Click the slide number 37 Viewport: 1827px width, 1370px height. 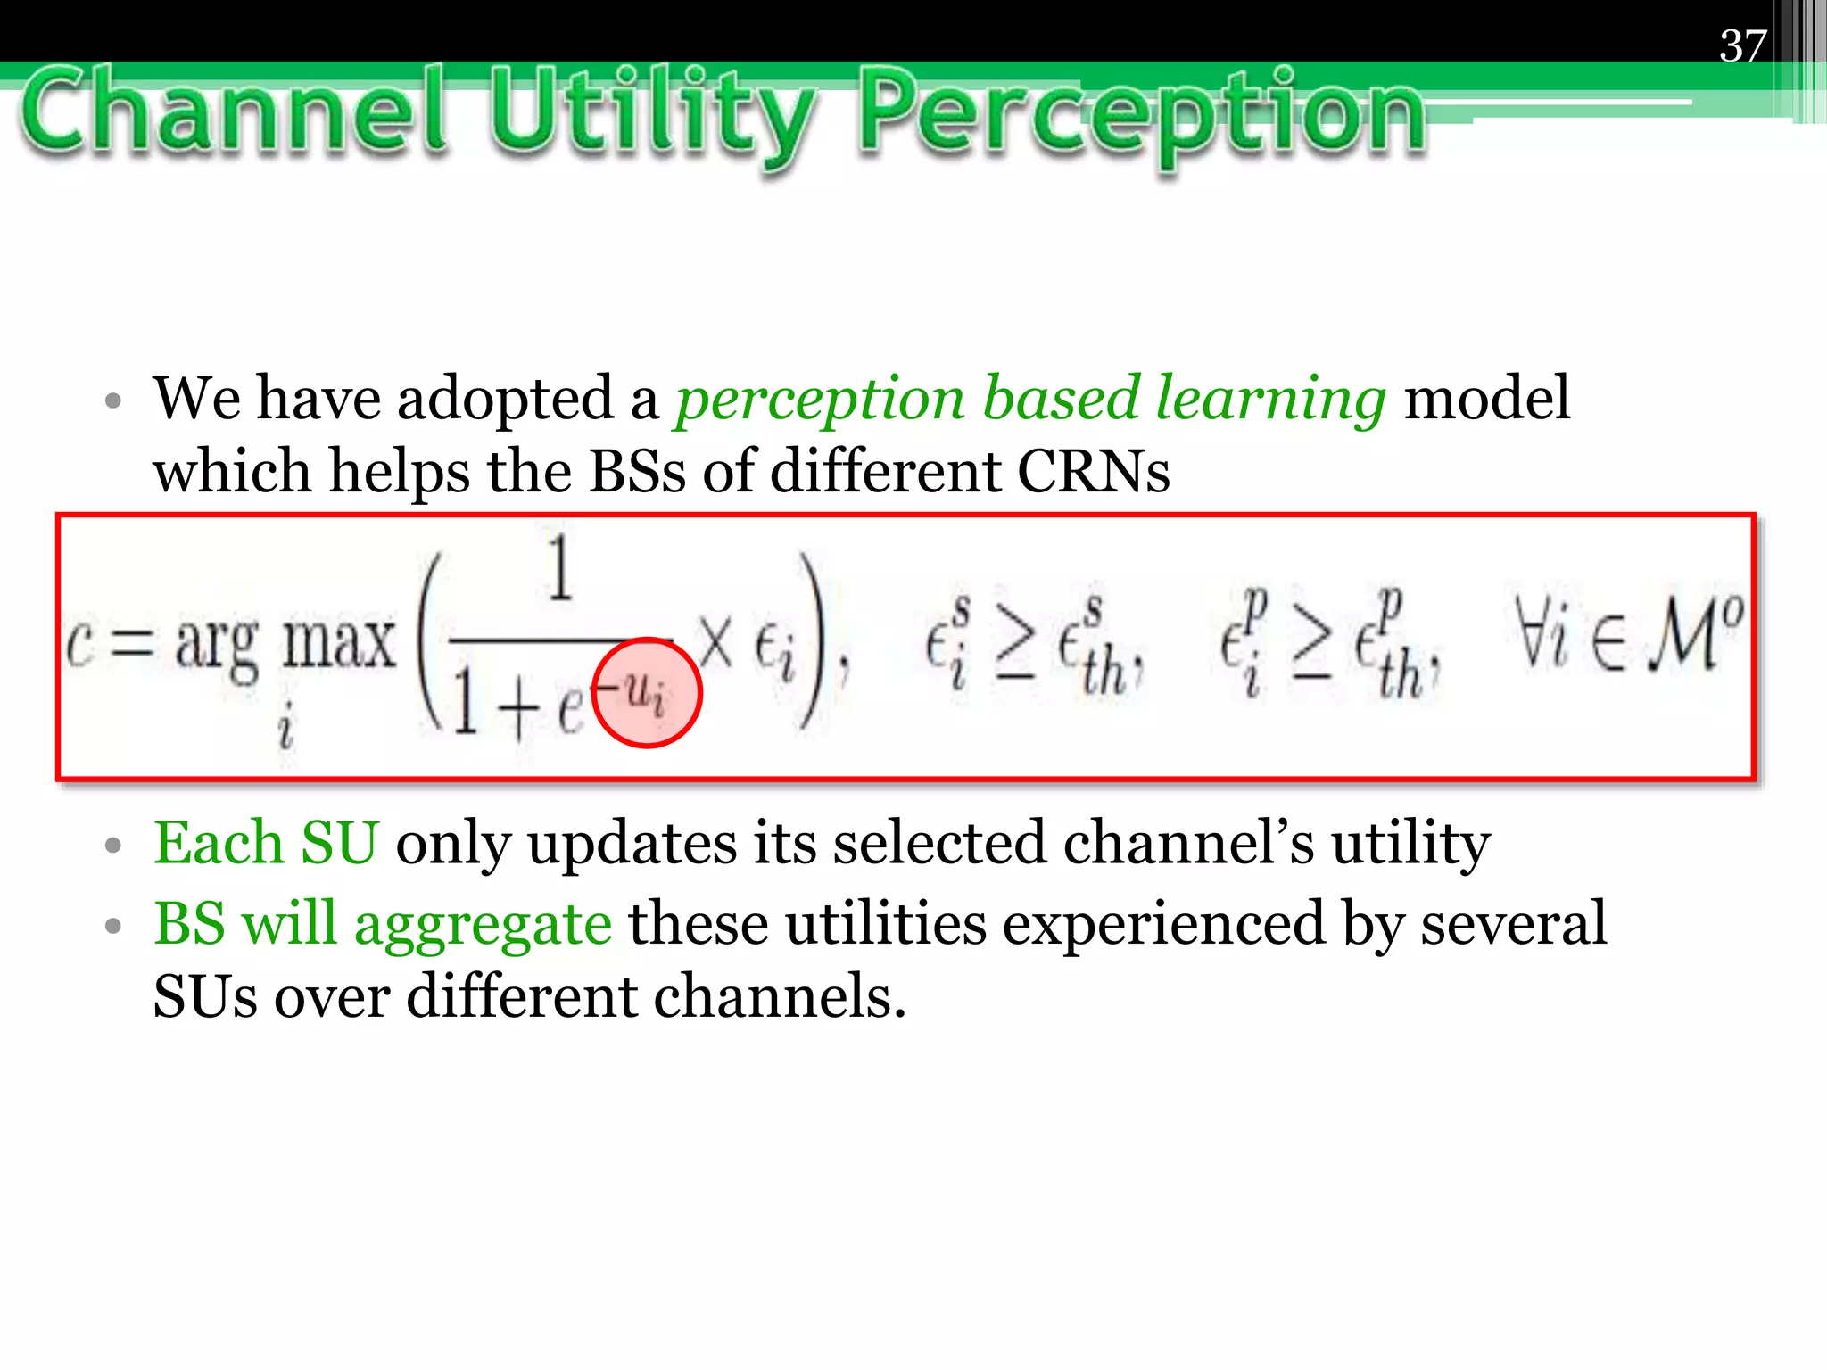pyautogui.click(x=1742, y=45)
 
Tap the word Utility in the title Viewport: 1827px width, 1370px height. pyautogui.click(x=652, y=116)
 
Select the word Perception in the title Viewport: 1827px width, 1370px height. pyautogui.click(x=1142, y=116)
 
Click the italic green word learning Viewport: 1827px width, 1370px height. pyautogui.click(x=1270, y=399)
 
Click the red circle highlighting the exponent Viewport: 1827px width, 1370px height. pyautogui.click(x=647, y=692)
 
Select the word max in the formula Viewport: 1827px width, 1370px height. pyautogui.click(x=338, y=642)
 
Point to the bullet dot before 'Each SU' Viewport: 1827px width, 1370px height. pyautogui.click(x=112, y=845)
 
